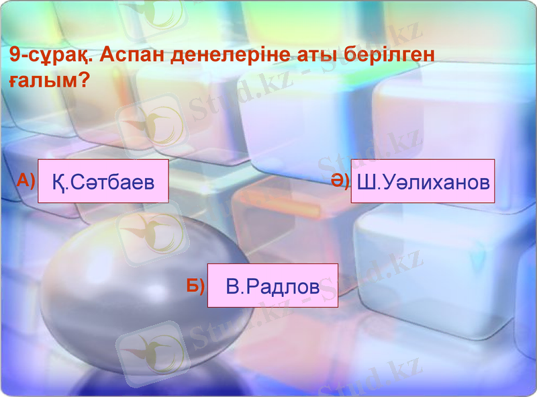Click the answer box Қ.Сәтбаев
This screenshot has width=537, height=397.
tap(103, 181)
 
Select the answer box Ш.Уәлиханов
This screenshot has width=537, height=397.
tap(423, 181)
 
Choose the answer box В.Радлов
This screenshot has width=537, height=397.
tap(273, 285)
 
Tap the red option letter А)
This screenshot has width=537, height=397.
tap(26, 180)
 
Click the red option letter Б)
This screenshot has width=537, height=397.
tap(195, 285)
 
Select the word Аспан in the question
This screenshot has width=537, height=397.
tap(134, 55)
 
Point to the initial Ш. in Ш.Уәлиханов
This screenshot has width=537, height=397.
tap(367, 182)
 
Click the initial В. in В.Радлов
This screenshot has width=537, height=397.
tap(234, 286)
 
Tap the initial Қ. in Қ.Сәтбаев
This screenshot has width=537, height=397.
tap(59, 182)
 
